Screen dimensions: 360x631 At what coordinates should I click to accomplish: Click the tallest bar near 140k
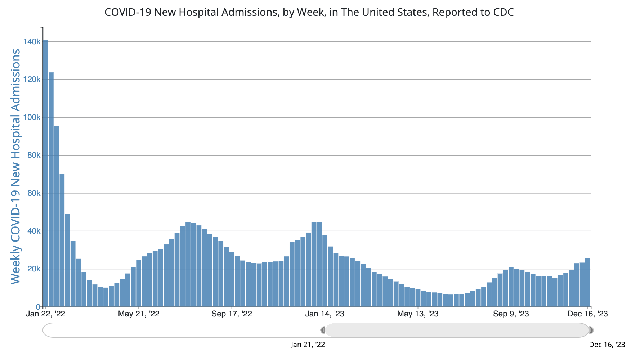click(x=45, y=173)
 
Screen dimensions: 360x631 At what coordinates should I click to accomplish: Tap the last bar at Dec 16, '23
click(x=587, y=282)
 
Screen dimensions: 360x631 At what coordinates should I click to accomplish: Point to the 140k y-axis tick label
click(x=32, y=42)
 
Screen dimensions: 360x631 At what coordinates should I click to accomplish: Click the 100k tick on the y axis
click(x=32, y=117)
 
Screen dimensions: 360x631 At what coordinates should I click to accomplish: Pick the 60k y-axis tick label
click(x=33, y=193)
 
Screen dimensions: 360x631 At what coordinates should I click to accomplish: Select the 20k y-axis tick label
click(x=33, y=269)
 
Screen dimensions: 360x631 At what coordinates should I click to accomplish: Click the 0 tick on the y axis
click(x=38, y=307)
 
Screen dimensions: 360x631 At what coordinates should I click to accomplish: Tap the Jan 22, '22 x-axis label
click(x=46, y=314)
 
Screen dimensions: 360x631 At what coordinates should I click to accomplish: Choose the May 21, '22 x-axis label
click(x=139, y=314)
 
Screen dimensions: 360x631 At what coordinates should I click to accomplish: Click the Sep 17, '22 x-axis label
click(x=232, y=314)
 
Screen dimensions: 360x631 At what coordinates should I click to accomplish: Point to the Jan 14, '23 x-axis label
click(x=325, y=314)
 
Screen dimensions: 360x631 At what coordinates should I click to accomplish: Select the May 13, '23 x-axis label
click(x=418, y=314)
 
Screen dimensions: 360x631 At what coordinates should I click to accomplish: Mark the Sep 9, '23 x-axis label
click(x=511, y=314)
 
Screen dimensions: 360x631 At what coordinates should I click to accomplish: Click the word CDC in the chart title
click(x=504, y=12)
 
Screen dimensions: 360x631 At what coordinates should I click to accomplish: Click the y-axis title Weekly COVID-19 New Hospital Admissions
click(x=15, y=166)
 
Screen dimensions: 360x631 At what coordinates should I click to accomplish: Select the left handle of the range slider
click(x=323, y=330)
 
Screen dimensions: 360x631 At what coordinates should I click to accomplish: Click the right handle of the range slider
click(x=591, y=330)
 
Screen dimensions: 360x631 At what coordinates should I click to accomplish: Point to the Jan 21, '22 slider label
click(x=308, y=345)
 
